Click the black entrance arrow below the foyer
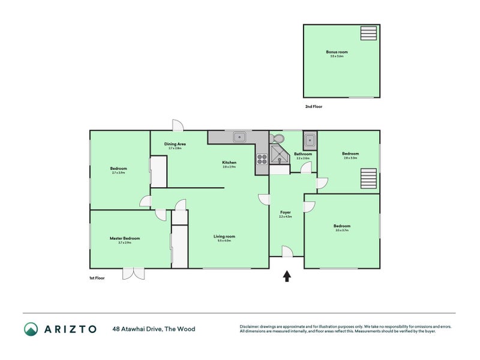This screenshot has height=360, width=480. [x=287, y=276]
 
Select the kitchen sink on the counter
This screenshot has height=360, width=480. [x=239, y=137]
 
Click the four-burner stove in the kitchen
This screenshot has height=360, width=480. [x=262, y=159]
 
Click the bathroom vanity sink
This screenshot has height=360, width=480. [x=309, y=141]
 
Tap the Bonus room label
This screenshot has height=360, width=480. [x=337, y=52]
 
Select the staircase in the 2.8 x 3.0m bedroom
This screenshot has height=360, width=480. [x=368, y=179]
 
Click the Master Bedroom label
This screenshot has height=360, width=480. [x=125, y=238]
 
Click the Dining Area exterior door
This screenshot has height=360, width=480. [x=178, y=125]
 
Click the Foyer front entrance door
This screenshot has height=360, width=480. [x=287, y=251]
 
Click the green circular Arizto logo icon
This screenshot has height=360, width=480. [x=31, y=329]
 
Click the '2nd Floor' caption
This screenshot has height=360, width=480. [x=314, y=106]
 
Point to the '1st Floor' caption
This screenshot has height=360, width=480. [x=97, y=278]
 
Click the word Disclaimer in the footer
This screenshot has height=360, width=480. [x=250, y=326]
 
